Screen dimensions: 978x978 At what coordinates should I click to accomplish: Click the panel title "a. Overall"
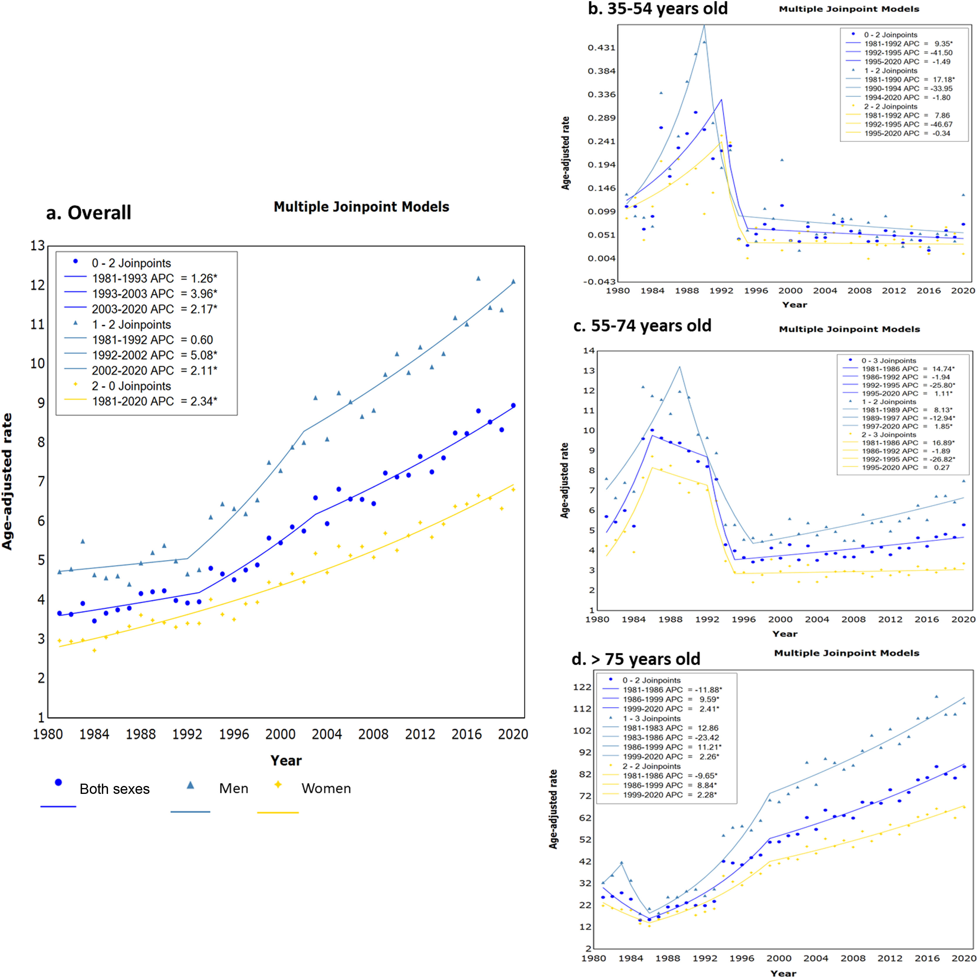89,213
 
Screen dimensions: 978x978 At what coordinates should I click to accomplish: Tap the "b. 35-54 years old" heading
657,9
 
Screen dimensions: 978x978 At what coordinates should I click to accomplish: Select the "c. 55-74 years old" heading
642,326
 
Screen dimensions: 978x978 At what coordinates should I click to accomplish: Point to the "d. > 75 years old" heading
636,659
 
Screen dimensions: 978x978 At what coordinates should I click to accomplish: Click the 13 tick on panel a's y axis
37,246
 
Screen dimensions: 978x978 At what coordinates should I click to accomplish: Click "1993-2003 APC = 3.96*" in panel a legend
154,294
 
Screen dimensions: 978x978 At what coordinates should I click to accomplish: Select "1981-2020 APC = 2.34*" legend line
154,401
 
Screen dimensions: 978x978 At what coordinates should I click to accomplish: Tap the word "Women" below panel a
326,789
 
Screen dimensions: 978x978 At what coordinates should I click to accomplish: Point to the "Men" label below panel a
233,789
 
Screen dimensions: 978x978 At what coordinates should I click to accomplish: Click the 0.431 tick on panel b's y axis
601,48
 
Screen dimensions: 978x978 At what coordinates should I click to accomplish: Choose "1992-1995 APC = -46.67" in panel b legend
908,124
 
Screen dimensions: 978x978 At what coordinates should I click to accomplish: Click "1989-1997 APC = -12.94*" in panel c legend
908,418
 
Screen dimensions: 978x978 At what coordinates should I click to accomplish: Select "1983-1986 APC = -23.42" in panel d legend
671,738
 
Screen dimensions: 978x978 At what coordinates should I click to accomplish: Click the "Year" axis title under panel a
286,760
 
